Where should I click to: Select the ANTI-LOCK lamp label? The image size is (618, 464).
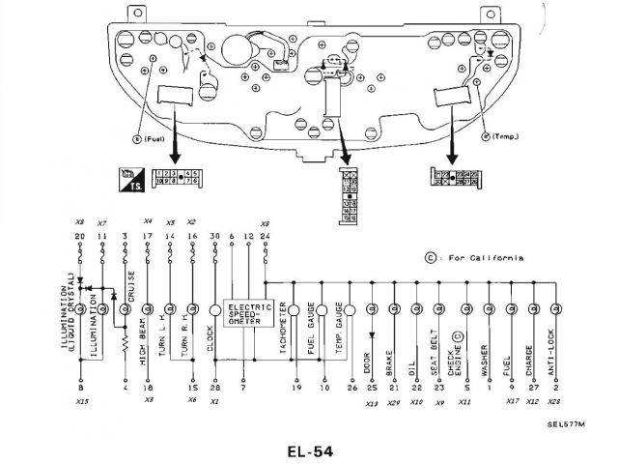pyautogui.click(x=557, y=353)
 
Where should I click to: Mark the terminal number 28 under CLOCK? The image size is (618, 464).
pyautogui.click(x=214, y=387)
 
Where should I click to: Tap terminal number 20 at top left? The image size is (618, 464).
pyautogui.click(x=81, y=237)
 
